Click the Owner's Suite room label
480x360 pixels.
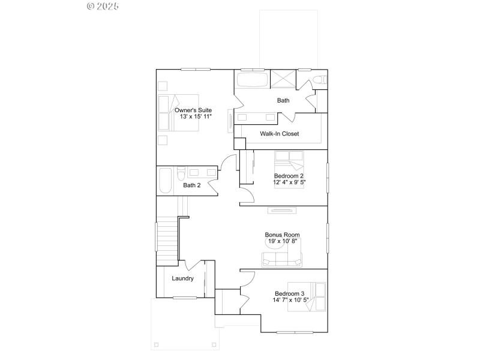coord(193,110)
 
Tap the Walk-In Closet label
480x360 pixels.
coord(279,134)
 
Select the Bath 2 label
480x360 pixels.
coord(191,185)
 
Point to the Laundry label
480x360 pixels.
coord(182,278)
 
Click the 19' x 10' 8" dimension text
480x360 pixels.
coord(282,241)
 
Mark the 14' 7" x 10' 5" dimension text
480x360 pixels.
coord(289,299)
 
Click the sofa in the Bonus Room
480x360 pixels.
coord(282,259)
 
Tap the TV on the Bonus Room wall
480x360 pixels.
coord(282,210)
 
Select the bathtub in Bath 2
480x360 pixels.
coord(165,180)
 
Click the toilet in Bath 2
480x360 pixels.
coord(180,175)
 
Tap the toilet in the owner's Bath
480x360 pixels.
coord(320,79)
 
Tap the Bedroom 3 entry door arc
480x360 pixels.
coord(248,277)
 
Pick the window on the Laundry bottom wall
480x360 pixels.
coord(185,298)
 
